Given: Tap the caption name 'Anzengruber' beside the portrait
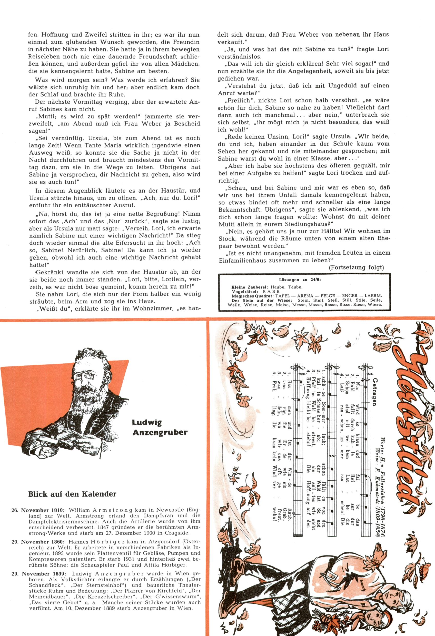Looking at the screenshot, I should tap(160, 432).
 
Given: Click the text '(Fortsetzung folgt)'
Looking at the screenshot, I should tap(356, 268).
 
